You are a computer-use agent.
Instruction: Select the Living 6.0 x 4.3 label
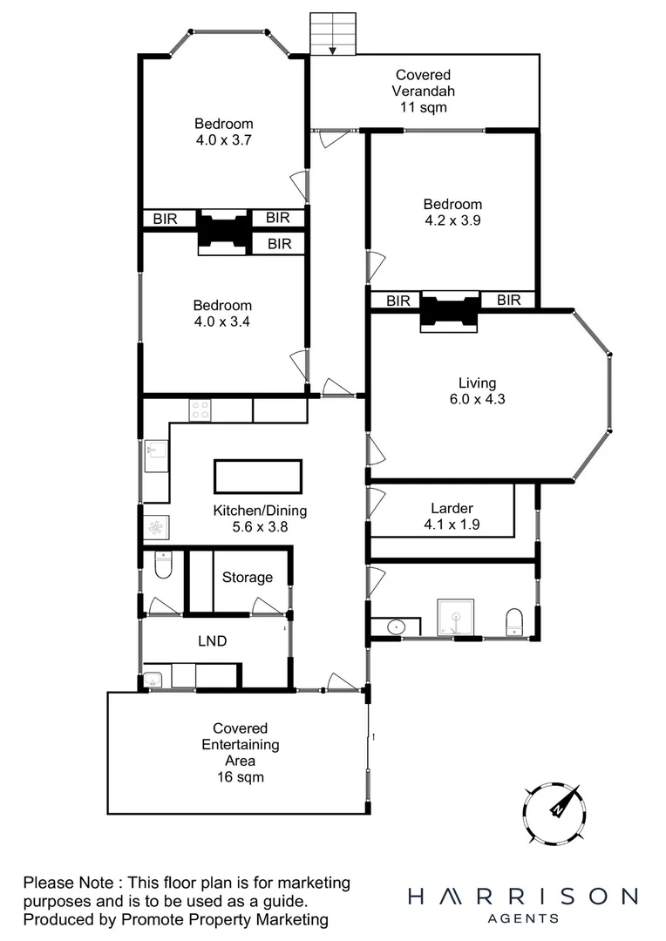[x=477, y=391]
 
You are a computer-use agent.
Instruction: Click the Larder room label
[x=452, y=517]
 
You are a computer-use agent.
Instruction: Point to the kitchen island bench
[x=258, y=477]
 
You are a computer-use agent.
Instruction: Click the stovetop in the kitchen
[x=200, y=410]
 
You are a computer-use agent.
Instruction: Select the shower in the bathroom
[x=454, y=619]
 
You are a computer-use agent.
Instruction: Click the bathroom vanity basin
[x=396, y=626]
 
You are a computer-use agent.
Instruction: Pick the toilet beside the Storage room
[x=161, y=567]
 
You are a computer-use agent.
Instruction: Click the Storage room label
[x=247, y=577]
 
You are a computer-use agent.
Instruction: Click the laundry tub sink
[x=153, y=680]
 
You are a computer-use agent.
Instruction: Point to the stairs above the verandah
[x=334, y=34]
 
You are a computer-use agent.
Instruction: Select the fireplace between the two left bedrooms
[x=224, y=231]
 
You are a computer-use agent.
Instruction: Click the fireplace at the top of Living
[x=450, y=311]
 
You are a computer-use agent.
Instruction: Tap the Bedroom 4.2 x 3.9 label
[x=453, y=213]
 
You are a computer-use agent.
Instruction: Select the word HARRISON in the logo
[x=522, y=897]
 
